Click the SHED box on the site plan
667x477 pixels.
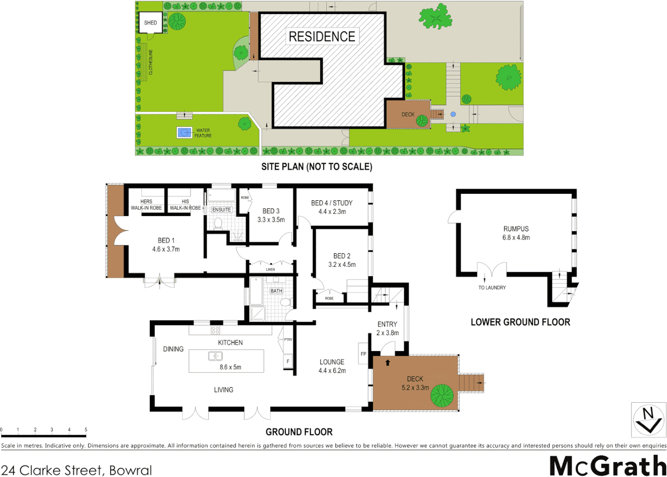click(x=150, y=23)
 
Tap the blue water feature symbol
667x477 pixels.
click(x=184, y=132)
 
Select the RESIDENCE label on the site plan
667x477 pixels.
click(x=322, y=37)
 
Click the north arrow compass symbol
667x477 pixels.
click(x=648, y=420)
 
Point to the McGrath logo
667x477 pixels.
click(x=607, y=466)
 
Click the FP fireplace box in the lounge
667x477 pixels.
click(x=363, y=354)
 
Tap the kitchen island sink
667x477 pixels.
click(x=215, y=356)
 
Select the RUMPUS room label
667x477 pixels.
click(x=515, y=229)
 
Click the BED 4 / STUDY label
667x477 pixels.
click(x=332, y=203)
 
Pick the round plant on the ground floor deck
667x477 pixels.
click(x=442, y=395)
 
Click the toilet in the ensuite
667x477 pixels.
click(x=218, y=223)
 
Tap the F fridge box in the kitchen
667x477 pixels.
click(x=288, y=361)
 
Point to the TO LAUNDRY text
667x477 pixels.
click(x=492, y=288)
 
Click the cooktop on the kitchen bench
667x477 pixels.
click(x=215, y=330)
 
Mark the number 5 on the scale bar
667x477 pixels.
click(x=86, y=430)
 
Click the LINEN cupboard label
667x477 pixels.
click(x=270, y=269)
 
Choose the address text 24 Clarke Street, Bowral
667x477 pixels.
click(x=76, y=470)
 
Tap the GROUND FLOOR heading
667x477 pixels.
click(x=299, y=432)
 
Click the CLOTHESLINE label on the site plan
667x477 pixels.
click(x=151, y=62)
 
